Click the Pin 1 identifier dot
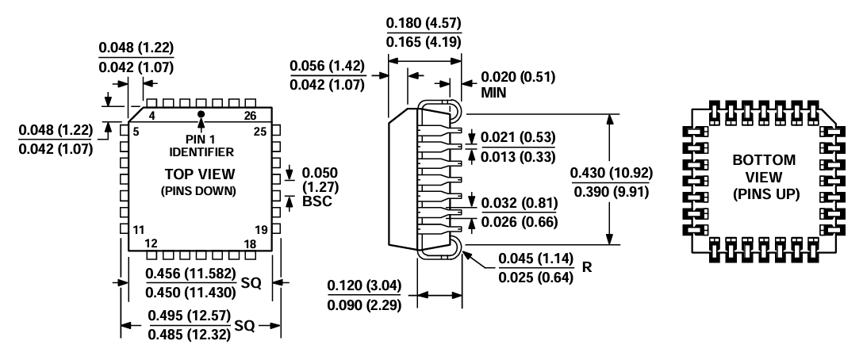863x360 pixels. tap(201, 115)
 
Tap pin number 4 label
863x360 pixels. tap(152, 116)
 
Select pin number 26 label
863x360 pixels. tap(250, 116)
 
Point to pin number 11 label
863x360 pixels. tap(138, 230)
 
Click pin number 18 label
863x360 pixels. tap(250, 243)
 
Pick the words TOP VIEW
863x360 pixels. tap(200, 174)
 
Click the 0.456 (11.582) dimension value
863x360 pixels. tap(190, 274)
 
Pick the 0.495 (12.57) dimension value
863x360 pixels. tap(190, 316)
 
